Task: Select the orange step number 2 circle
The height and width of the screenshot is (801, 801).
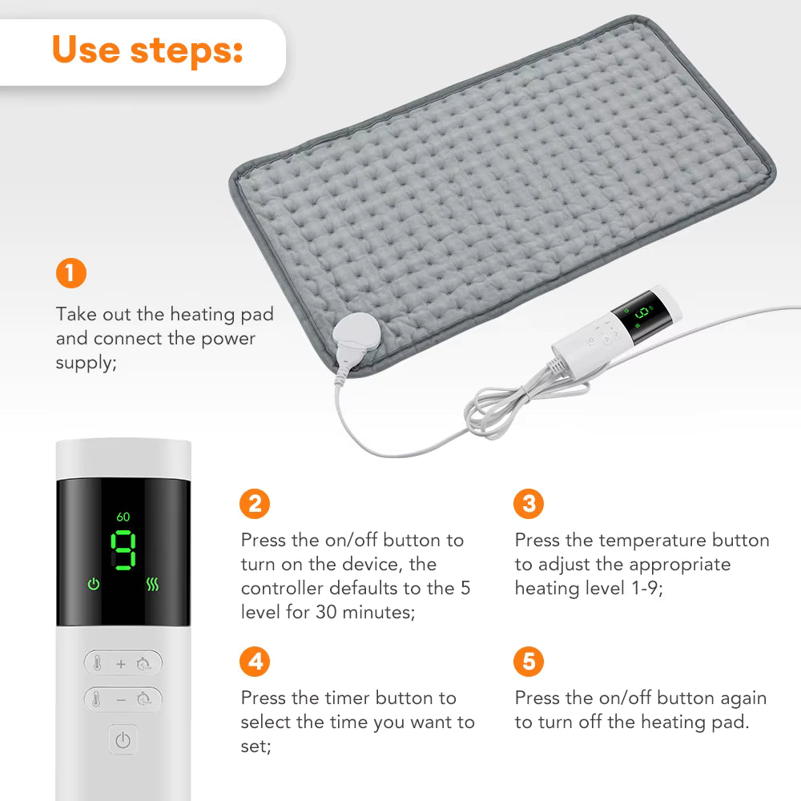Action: click(x=255, y=504)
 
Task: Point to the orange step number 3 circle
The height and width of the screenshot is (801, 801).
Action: click(x=529, y=504)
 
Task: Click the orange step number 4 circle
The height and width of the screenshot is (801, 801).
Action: click(x=255, y=662)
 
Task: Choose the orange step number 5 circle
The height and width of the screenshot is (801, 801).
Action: click(x=529, y=662)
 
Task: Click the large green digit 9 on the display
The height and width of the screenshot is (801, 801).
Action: click(x=123, y=551)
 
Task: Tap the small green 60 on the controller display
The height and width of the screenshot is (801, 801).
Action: click(x=123, y=517)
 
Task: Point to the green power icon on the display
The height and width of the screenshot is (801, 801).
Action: click(x=94, y=585)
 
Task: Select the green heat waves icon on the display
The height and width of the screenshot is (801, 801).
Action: click(x=152, y=585)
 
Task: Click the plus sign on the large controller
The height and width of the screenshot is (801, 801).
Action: click(x=121, y=664)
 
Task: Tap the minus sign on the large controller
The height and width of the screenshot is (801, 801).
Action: click(x=121, y=699)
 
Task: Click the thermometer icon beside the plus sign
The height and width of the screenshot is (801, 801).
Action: click(x=96, y=664)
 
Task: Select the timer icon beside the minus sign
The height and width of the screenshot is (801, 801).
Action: click(x=143, y=699)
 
